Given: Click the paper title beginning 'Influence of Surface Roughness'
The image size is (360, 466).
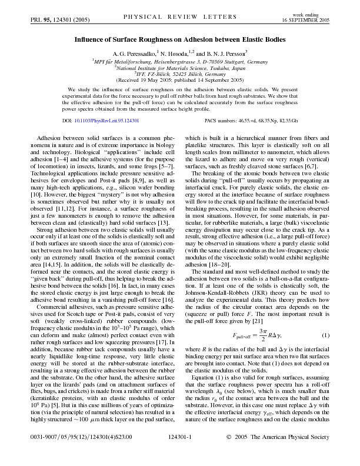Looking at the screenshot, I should (180, 40).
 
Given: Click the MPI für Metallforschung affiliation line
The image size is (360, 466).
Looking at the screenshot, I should (180, 61).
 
